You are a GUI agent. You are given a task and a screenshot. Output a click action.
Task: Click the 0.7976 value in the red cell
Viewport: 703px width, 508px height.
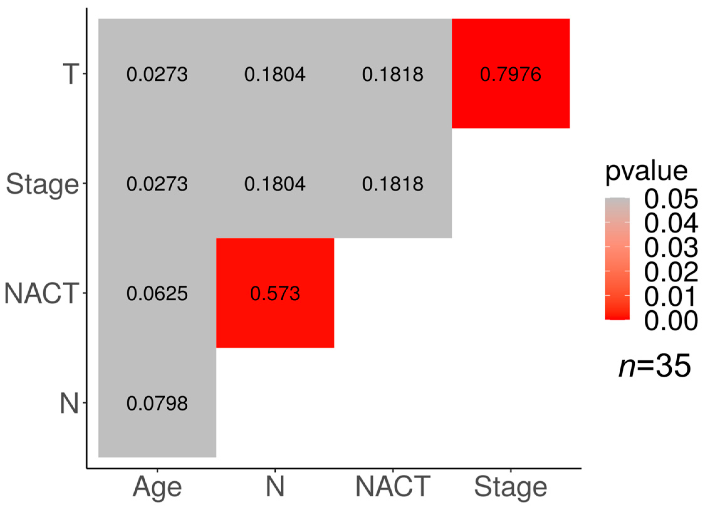(510, 74)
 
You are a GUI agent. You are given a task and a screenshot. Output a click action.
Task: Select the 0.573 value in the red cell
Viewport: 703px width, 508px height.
(275, 293)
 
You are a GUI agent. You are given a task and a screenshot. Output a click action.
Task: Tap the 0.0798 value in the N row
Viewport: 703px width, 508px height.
(157, 403)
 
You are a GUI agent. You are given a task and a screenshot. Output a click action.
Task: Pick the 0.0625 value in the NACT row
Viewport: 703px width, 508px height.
(157, 293)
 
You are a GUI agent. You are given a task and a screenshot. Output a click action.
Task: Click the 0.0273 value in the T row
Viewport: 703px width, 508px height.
(157, 74)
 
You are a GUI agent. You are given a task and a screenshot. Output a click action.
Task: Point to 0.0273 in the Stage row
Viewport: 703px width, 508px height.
(157, 184)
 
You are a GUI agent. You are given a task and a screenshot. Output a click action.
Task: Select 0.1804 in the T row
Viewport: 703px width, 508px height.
(275, 74)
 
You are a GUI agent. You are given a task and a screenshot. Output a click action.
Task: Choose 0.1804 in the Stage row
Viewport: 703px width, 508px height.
(275, 184)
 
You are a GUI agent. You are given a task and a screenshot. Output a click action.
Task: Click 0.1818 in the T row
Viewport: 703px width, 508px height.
(393, 74)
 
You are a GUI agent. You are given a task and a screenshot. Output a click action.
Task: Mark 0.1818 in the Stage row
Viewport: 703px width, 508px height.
(393, 184)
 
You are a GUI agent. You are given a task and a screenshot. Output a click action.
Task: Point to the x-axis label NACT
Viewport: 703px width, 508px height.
(393, 486)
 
